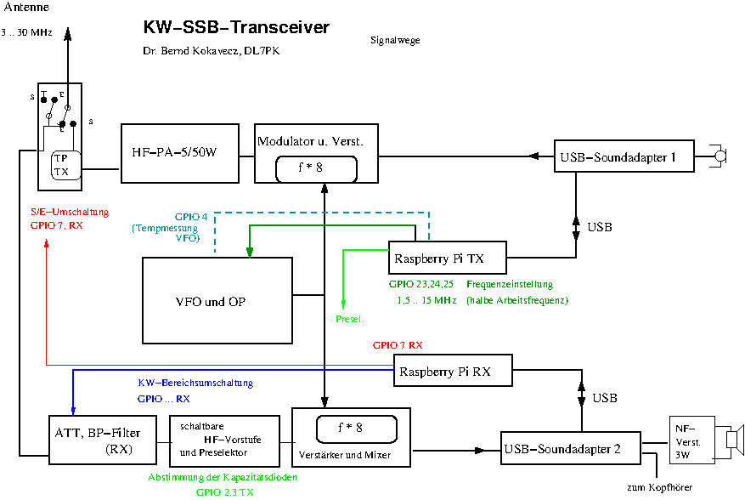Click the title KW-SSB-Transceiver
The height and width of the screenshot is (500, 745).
pyautogui.click(x=236, y=28)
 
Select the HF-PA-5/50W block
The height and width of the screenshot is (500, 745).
pyautogui.click(x=179, y=153)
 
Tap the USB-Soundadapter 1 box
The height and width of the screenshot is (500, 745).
pyautogui.click(x=624, y=156)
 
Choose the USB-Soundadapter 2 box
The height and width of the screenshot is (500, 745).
pyautogui.click(x=572, y=448)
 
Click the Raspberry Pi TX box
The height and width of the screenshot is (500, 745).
pyautogui.click(x=447, y=255)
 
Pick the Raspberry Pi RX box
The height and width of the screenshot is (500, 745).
pyautogui.click(x=455, y=372)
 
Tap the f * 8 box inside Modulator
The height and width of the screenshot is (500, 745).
pyautogui.click(x=316, y=168)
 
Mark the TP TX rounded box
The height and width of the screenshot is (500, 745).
pyautogui.click(x=62, y=165)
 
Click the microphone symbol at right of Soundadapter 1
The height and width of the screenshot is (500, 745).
pyautogui.click(x=720, y=156)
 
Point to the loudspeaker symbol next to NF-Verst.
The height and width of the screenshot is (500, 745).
pyautogui.click(x=734, y=440)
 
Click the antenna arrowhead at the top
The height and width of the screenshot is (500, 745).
pyautogui.click(x=69, y=32)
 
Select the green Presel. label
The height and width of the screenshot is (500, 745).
pyautogui.click(x=349, y=319)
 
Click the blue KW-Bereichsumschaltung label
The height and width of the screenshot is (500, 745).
pyautogui.click(x=195, y=383)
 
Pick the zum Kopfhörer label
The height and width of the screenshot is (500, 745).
pyautogui.click(x=659, y=487)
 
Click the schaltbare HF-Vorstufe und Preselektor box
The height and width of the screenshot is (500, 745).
pyautogui.click(x=224, y=440)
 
